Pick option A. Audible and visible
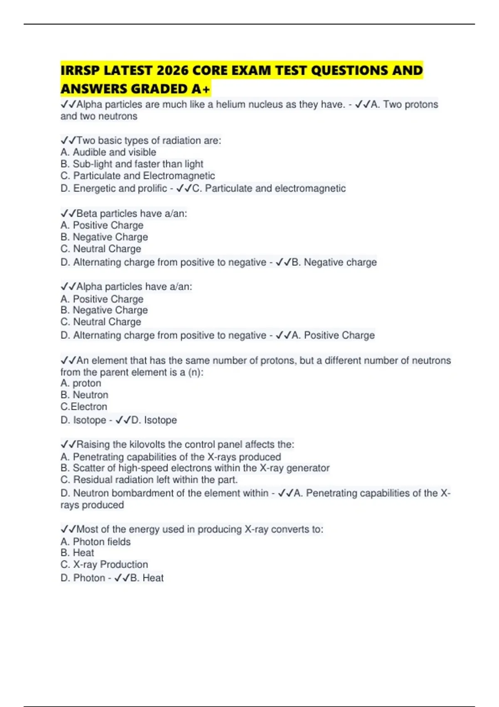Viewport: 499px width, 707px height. (x=108, y=152)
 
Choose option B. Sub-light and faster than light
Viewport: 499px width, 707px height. (x=132, y=164)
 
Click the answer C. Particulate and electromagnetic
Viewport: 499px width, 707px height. (x=269, y=188)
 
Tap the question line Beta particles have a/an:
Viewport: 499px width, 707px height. (x=124, y=213)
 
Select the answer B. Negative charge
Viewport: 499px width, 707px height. (x=334, y=262)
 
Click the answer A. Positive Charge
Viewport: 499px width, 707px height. (x=333, y=335)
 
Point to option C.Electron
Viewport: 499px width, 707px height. (x=84, y=406)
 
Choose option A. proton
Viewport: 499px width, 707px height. (x=81, y=383)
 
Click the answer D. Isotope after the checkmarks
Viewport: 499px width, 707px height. (x=154, y=420)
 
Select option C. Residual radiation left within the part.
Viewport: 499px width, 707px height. (x=149, y=480)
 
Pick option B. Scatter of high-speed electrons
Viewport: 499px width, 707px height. (x=195, y=468)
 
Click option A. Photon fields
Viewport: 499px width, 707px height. (x=95, y=541)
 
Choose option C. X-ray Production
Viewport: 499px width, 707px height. (x=104, y=564)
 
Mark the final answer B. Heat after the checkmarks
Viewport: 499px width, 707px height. (x=146, y=578)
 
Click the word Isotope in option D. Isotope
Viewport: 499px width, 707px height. (x=89, y=420)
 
